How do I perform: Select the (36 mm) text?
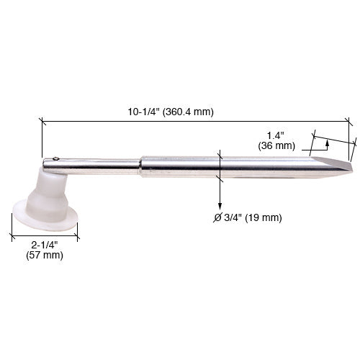coord(276,145)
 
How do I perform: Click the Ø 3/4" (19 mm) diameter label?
coord(247,217)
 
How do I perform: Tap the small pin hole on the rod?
coord(55,159)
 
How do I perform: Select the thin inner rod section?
coord(101,165)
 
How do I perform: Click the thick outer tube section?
coord(216,167)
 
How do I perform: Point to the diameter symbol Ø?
coord(217,217)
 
